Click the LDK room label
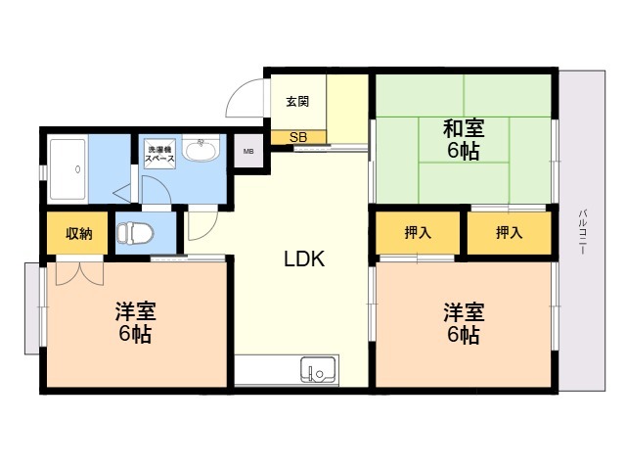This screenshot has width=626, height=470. [304, 258]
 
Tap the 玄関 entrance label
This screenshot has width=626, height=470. [297, 102]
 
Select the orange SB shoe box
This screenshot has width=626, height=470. [298, 137]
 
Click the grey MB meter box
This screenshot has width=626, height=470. [248, 151]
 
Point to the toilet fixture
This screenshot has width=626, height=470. [135, 233]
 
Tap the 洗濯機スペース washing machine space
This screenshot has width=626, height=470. [159, 154]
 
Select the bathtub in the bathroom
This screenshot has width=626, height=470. [67, 169]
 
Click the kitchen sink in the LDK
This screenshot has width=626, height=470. [318, 370]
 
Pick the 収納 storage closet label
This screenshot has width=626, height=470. [79, 233]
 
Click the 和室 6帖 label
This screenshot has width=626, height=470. [463, 139]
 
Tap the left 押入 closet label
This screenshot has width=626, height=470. [418, 232]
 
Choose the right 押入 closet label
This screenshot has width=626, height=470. [509, 232]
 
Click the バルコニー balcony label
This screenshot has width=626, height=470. [583, 232]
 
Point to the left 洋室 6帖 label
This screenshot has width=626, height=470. [135, 323]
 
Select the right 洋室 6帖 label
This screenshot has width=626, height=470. [464, 323]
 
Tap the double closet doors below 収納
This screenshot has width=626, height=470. [79, 273]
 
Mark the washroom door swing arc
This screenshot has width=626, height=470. [160, 188]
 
